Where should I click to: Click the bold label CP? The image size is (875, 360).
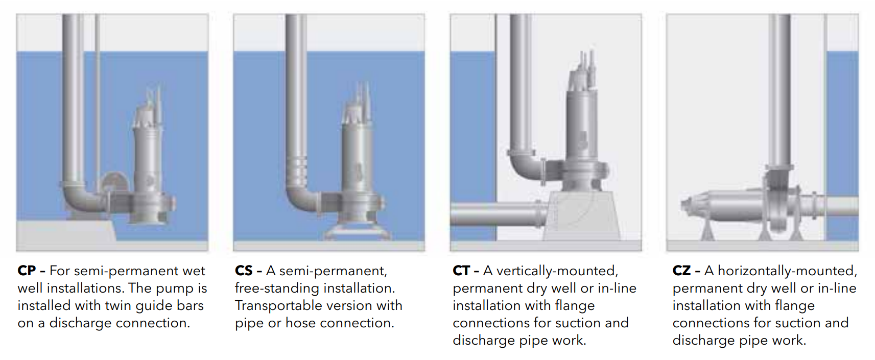click(x=27, y=271)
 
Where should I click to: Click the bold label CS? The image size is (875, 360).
click(x=244, y=271)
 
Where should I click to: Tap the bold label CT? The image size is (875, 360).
click(x=461, y=271)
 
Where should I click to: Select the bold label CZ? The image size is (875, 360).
click(x=681, y=271)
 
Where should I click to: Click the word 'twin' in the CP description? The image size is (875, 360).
click(x=119, y=305)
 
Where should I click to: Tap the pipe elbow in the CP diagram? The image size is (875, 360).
click(x=78, y=197)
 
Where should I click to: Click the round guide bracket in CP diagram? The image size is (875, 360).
click(x=114, y=182)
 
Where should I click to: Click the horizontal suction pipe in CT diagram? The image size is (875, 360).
click(x=496, y=214)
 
